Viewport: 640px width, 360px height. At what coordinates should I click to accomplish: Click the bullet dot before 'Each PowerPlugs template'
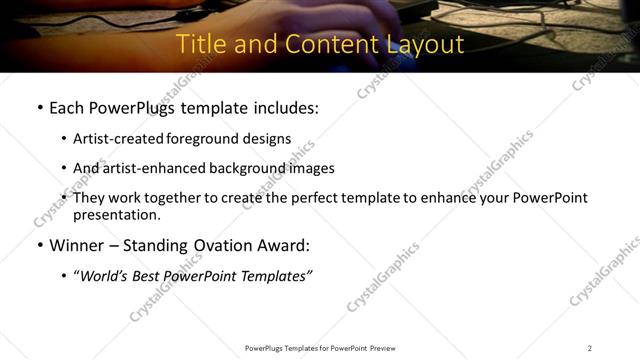(x=39, y=108)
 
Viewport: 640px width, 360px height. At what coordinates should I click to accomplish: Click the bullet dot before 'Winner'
(x=39, y=245)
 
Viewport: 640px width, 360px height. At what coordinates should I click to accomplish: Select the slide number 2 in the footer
(x=589, y=348)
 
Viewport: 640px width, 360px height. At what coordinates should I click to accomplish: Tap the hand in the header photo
(x=350, y=14)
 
